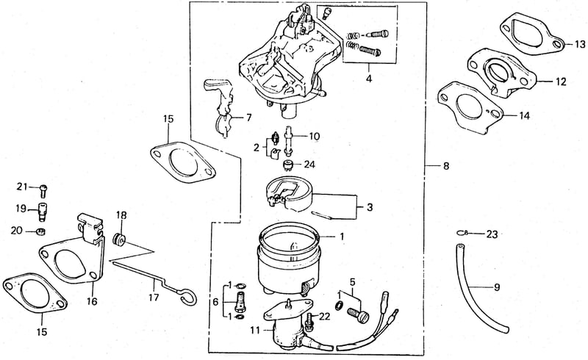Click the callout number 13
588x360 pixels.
580,44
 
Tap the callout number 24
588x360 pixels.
309,165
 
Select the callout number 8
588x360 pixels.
446,166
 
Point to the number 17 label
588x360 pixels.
154,298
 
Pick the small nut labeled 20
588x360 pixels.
41,231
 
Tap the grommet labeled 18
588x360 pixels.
119,240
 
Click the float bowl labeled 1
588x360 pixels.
289,259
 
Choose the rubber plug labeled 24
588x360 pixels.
288,165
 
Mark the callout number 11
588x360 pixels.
255,331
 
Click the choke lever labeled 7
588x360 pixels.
221,105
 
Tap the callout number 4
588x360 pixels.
369,79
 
